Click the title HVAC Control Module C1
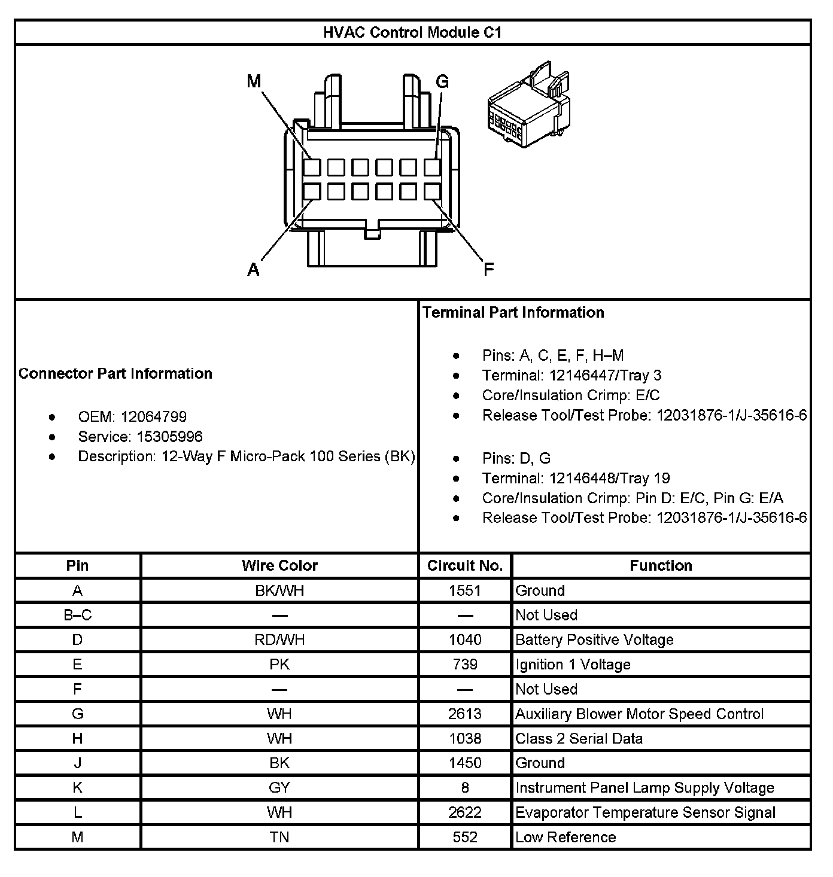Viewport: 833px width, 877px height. tap(412, 32)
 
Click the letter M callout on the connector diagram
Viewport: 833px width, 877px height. tap(254, 81)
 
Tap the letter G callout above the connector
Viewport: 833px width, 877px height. tap(442, 82)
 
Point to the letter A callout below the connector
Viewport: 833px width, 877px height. tap(254, 270)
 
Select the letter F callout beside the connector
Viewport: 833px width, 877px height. tap(488, 269)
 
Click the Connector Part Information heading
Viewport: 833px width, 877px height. tap(115, 373)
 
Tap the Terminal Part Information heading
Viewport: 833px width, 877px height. tap(513, 312)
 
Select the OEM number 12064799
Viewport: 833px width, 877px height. tap(154, 417)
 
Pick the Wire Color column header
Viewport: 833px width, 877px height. tap(279, 565)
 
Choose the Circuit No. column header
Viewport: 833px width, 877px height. tap(465, 565)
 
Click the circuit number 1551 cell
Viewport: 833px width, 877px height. tap(465, 591)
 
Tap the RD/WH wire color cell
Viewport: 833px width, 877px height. tap(279, 640)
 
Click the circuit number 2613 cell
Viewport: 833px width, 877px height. tap(465, 714)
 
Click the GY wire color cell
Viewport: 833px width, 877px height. tap(279, 788)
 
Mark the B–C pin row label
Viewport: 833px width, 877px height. tap(77, 616)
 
